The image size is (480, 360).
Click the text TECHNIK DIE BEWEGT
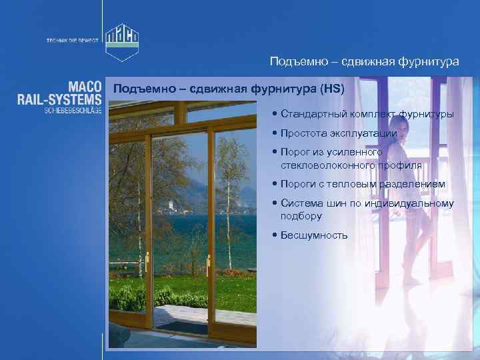[72, 40]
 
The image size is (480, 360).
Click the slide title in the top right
[364, 61]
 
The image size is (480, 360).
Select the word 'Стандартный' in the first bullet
[309, 115]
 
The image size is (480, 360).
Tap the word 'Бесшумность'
[314, 235]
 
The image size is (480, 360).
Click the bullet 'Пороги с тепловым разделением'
[363, 184]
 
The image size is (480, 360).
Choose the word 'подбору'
[301, 216]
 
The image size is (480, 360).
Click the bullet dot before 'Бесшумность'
[275, 235]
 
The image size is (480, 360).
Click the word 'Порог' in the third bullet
[295, 152]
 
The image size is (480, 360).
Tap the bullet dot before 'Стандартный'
[275, 115]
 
